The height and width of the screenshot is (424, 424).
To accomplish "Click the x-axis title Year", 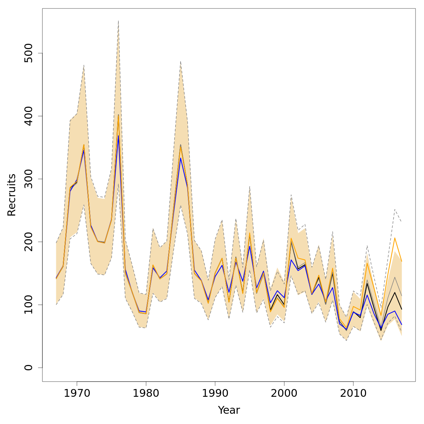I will click(229, 410).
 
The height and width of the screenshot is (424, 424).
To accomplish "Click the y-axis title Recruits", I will click(12, 195).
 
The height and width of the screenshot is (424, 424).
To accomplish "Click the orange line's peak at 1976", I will click(118, 115).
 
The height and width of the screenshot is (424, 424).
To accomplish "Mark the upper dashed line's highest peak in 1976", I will click(118, 21).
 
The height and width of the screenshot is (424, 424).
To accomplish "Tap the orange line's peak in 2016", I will click(395, 238).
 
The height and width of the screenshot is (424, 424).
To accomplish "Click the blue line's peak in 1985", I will click(181, 158).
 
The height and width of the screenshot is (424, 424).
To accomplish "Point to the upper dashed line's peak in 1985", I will click(181, 61).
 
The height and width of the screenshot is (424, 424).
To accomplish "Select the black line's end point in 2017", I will click(402, 309).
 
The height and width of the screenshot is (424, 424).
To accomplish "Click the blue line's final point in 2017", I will click(402, 324).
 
